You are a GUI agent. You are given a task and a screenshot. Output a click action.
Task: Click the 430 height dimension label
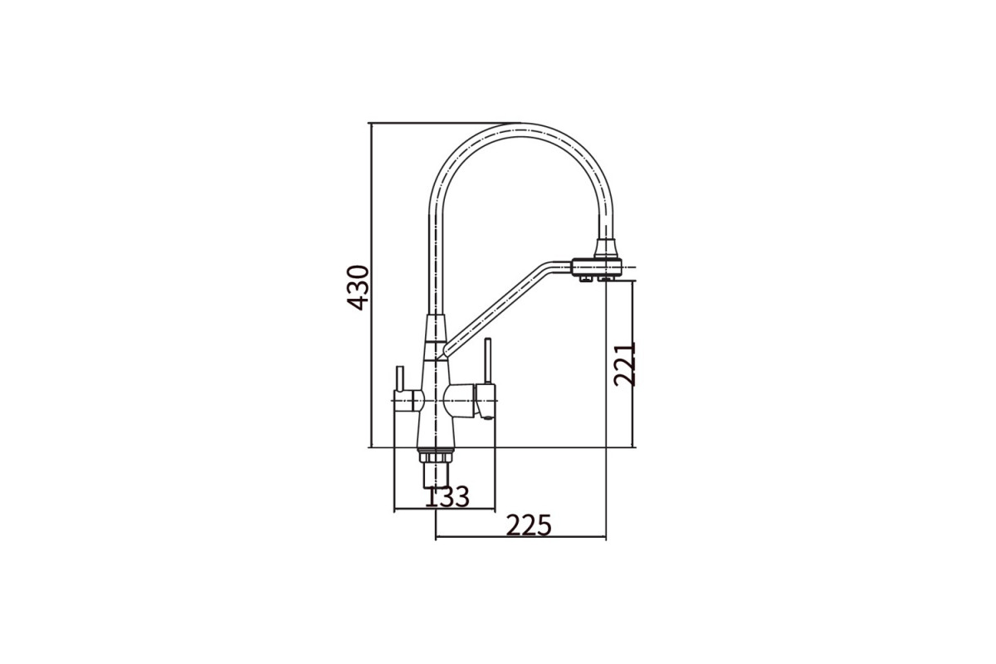coord(358,287)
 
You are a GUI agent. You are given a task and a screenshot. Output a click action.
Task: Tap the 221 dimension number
coord(625,364)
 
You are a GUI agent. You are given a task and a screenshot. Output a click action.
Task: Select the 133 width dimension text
coord(447,497)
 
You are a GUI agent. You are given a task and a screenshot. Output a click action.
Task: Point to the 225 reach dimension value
coord(529,525)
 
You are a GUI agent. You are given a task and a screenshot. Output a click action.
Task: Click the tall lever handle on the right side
coord(488,361)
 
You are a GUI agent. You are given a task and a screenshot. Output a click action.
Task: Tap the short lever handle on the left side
coord(400,378)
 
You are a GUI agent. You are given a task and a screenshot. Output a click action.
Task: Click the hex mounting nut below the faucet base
coord(435,456)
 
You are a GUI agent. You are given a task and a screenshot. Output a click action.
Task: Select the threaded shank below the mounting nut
coord(435,475)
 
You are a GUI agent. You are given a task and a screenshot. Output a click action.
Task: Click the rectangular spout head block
coord(596,267)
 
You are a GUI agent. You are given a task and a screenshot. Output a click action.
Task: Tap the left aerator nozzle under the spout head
coord(584,279)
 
